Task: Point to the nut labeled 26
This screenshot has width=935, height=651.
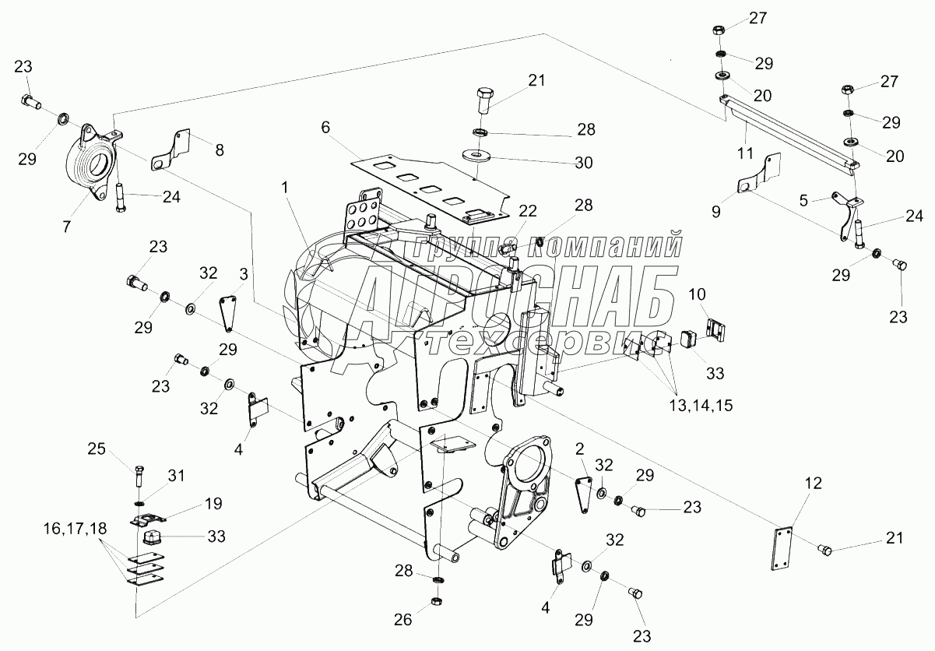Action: (x=436, y=603)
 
